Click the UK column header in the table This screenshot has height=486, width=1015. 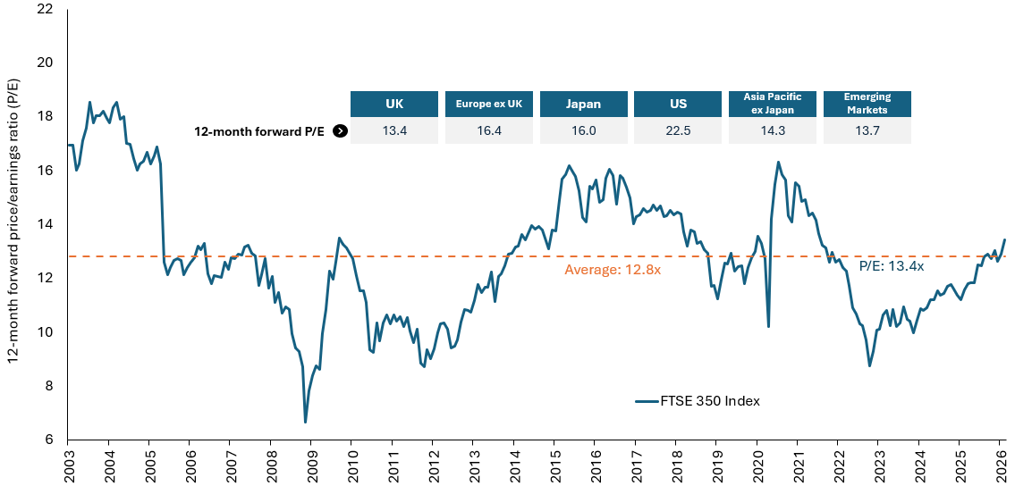pyautogui.click(x=394, y=104)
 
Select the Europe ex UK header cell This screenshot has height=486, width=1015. pyautogui.click(x=489, y=104)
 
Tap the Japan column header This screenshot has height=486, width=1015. pyautogui.click(x=583, y=104)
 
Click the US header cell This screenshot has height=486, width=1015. pyautogui.click(x=678, y=104)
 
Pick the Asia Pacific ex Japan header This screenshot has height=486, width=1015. pyautogui.click(x=773, y=104)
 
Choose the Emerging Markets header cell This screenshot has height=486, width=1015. pyautogui.click(x=866, y=104)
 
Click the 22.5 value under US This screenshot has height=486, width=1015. pyautogui.click(x=678, y=131)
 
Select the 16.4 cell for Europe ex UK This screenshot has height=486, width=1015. pyautogui.click(x=489, y=131)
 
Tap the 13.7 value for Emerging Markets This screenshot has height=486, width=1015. pyautogui.click(x=866, y=131)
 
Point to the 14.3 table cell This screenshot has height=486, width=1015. pyautogui.click(x=773, y=131)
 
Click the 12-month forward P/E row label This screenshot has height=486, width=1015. pyautogui.click(x=260, y=131)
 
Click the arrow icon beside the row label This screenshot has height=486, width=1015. pyautogui.click(x=340, y=131)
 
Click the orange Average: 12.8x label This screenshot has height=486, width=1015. pyautogui.click(x=612, y=269)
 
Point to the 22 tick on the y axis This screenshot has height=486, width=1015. pyautogui.click(x=45, y=9)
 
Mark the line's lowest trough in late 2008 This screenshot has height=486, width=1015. pyautogui.click(x=305, y=422)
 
